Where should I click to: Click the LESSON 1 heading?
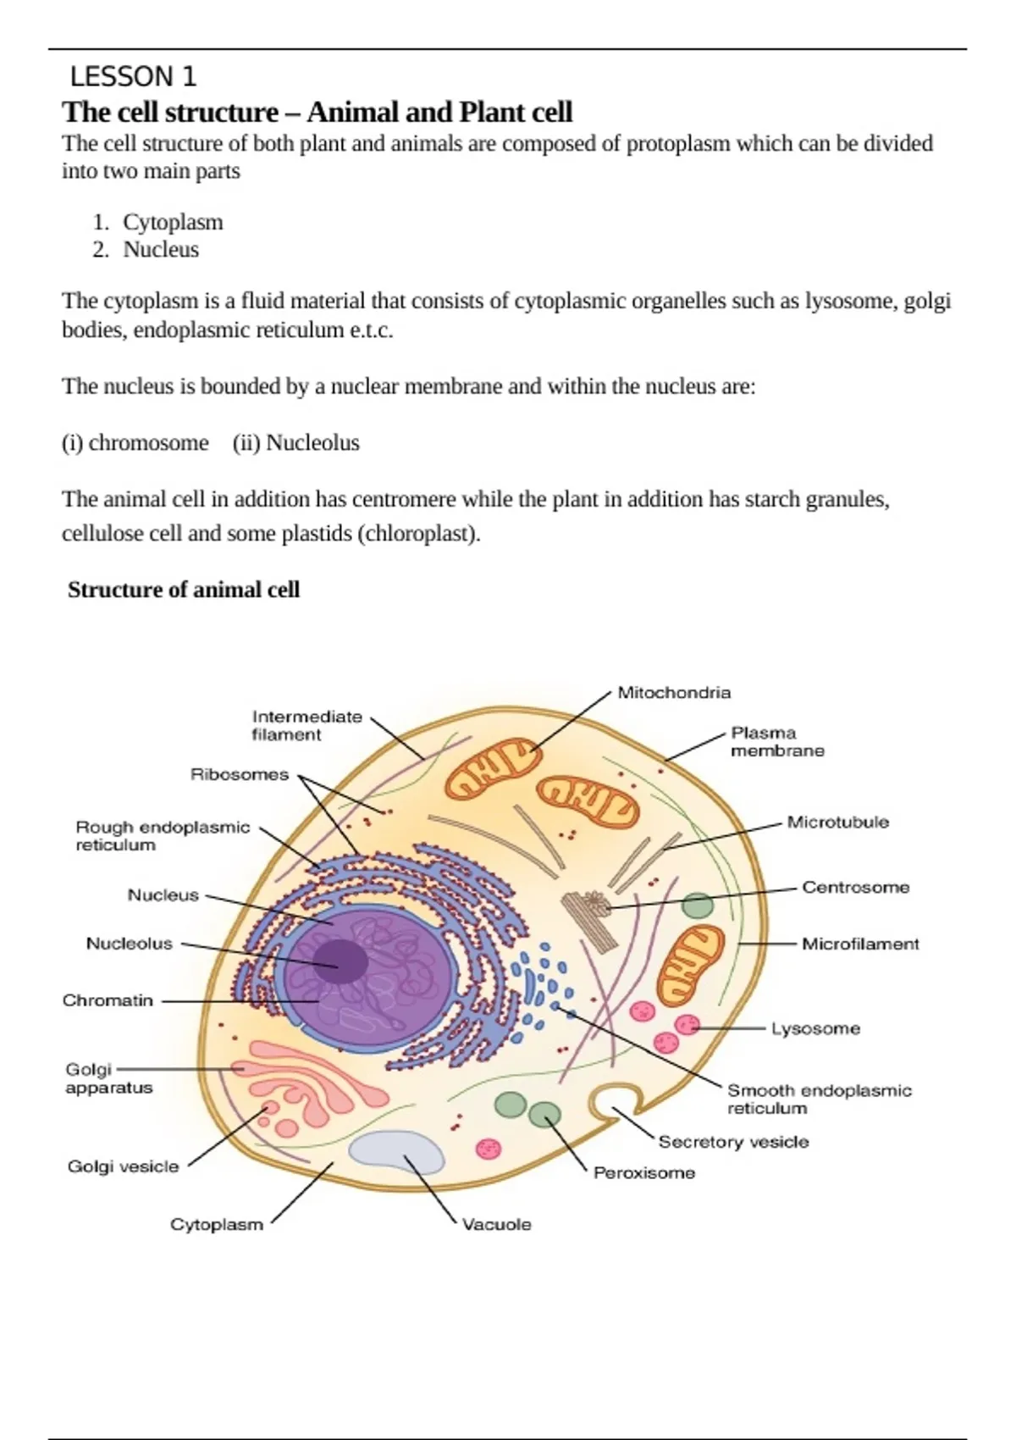(x=133, y=77)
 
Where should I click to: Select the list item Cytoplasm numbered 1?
(x=173, y=222)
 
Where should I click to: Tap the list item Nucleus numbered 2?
(x=161, y=250)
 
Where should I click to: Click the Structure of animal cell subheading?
(x=184, y=590)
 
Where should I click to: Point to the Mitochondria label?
(x=674, y=693)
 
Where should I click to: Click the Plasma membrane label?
(x=776, y=742)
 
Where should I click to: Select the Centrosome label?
(x=855, y=888)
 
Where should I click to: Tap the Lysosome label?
(x=815, y=1028)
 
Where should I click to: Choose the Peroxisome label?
(x=644, y=1173)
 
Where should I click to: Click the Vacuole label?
(x=497, y=1224)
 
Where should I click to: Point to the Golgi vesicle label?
(x=124, y=1166)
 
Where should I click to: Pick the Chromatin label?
(x=108, y=1000)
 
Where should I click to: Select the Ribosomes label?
(x=240, y=774)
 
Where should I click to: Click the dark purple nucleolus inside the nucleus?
(x=341, y=962)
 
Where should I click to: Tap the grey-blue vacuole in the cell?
(x=396, y=1152)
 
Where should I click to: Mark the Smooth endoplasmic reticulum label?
(x=819, y=1099)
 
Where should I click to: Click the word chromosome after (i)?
(x=148, y=443)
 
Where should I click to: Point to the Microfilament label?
(x=860, y=944)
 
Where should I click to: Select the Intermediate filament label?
(x=306, y=726)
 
